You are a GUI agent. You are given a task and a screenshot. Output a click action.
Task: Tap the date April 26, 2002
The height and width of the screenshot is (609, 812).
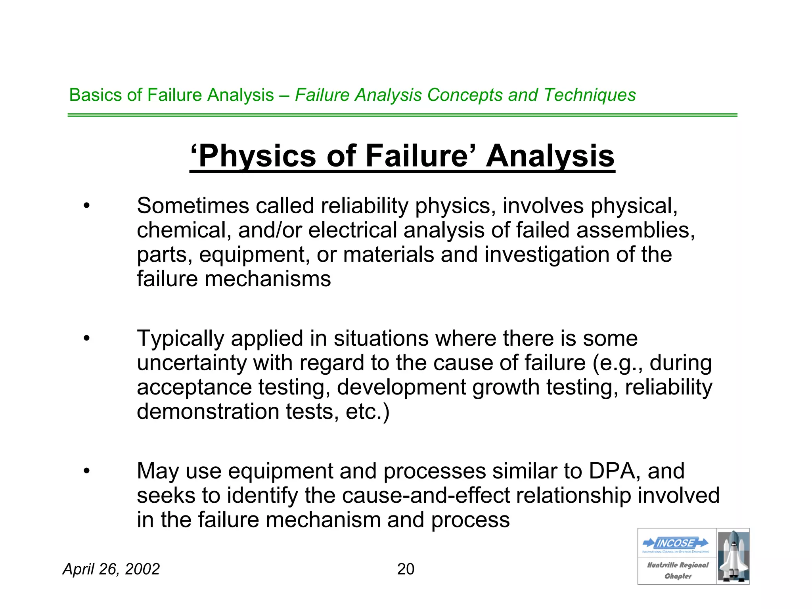point(111,569)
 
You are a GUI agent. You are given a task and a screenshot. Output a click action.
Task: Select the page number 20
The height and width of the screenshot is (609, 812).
point(406,569)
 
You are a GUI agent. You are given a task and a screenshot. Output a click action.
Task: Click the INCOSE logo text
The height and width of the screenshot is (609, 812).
point(676,543)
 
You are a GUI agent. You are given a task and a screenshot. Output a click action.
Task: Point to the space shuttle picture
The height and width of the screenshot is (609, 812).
point(733,556)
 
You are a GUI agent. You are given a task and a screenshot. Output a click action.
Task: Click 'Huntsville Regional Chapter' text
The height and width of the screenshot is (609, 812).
point(678,570)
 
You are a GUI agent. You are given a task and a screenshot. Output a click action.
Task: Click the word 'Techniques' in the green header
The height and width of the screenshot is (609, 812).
point(590,95)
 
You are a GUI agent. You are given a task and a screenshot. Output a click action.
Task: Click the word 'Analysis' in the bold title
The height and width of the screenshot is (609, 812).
point(550,156)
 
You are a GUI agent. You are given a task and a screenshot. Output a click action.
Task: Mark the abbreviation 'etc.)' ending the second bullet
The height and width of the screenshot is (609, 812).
point(368,412)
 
